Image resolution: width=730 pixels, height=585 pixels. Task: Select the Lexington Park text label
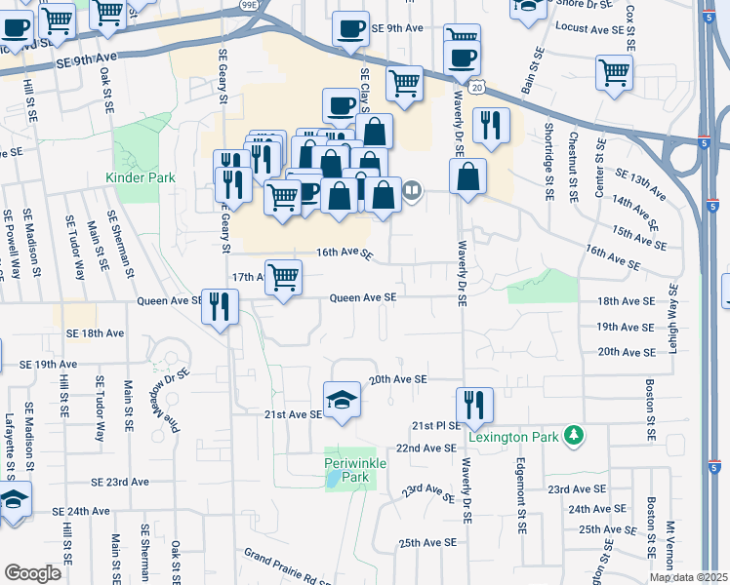click(515, 436)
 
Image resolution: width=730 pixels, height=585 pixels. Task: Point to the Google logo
click(31, 573)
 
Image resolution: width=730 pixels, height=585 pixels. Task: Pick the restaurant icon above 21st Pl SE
click(474, 405)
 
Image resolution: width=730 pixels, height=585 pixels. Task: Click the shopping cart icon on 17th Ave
click(283, 277)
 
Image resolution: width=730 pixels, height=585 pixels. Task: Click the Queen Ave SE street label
click(363, 297)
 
